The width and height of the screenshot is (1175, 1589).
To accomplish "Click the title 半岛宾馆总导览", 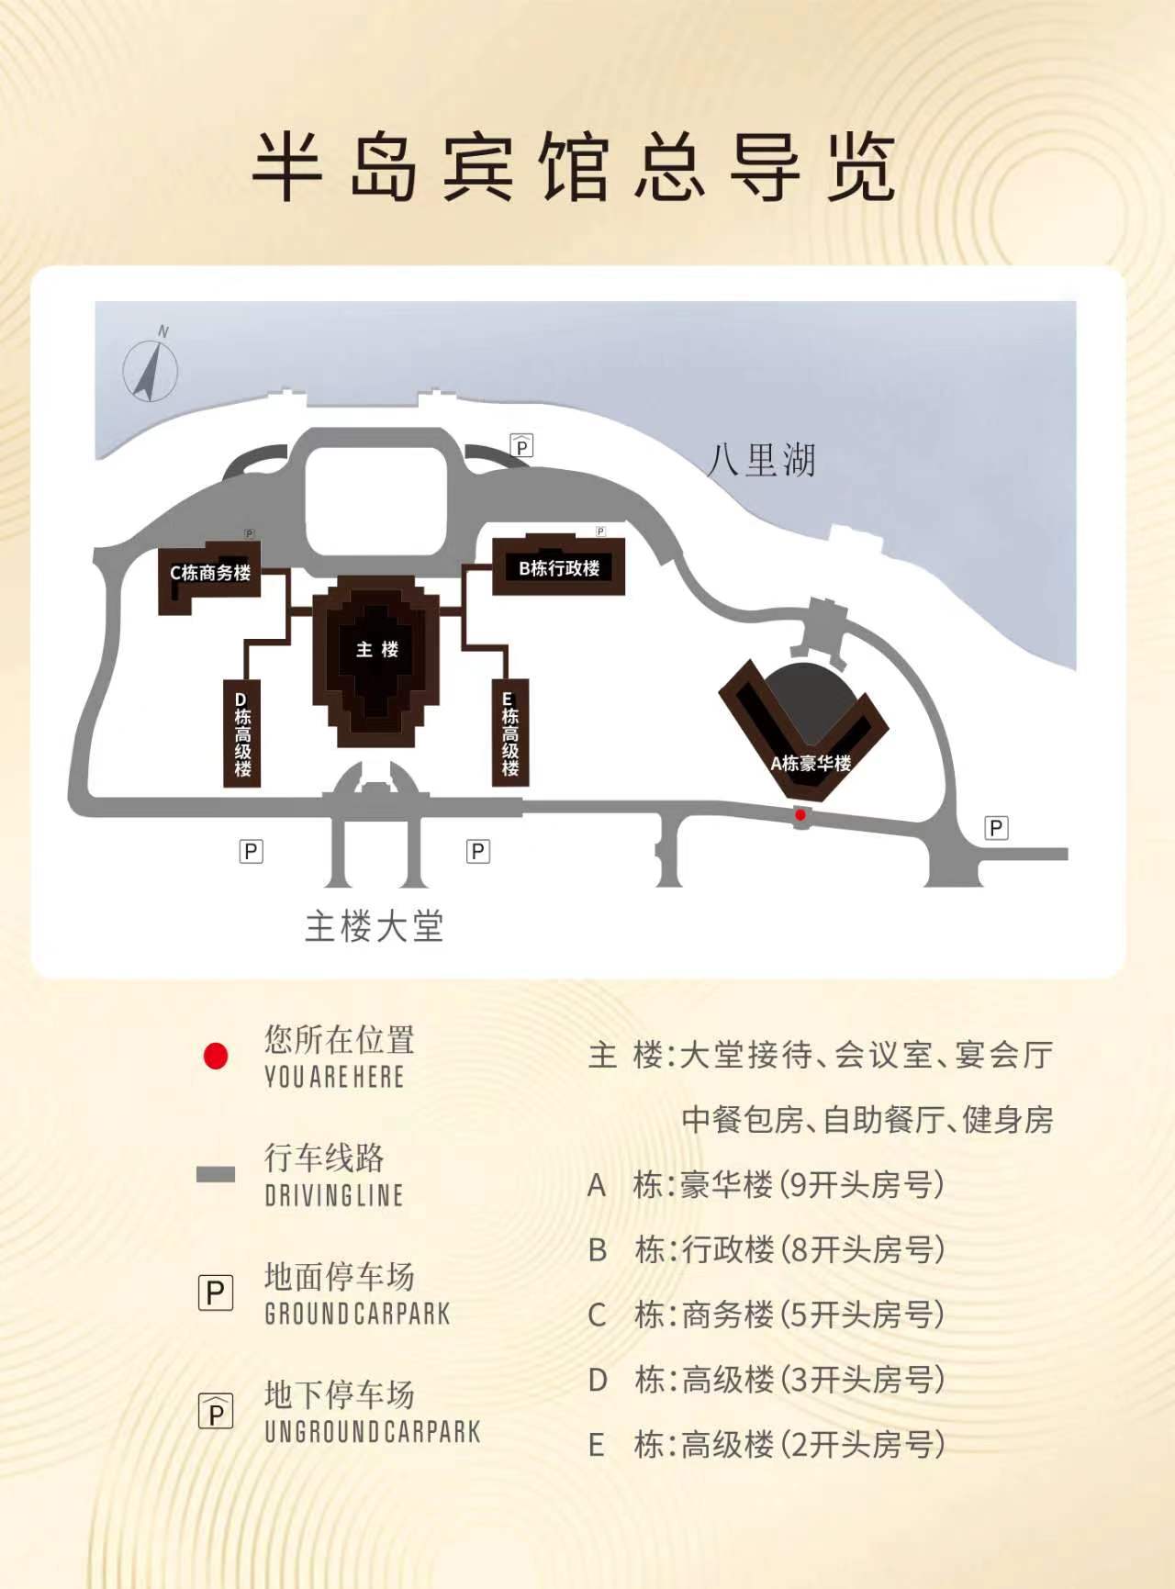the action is click(575, 167).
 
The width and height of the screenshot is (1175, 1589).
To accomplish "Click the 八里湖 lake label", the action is click(761, 460).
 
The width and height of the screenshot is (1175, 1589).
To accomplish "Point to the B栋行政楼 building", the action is click(559, 565).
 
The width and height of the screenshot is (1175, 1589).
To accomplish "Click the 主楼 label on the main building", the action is click(377, 650).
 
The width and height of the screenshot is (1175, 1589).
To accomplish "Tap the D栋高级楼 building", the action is click(242, 733).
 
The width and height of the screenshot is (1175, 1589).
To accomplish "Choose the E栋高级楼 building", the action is click(509, 733).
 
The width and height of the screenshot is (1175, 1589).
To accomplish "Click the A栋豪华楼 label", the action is click(811, 763).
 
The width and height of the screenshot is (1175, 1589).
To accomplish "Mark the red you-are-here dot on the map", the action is click(800, 814).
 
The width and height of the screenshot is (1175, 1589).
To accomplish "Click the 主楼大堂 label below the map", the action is click(375, 925).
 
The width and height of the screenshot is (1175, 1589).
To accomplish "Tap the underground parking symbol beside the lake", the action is click(521, 445).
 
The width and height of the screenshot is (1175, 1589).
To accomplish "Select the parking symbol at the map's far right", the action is click(996, 827).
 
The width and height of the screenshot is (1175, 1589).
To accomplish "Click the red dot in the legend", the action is click(216, 1056).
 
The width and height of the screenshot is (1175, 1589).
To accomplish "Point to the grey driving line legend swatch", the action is click(216, 1174).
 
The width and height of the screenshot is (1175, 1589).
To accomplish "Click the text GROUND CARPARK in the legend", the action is click(357, 1314).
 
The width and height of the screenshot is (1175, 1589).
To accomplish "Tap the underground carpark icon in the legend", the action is click(216, 1411).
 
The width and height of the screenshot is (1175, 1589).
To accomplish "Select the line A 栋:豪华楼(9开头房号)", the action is click(766, 1184).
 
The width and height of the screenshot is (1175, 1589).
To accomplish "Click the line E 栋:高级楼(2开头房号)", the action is click(766, 1444).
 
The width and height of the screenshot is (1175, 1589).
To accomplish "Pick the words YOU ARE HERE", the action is click(334, 1076).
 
